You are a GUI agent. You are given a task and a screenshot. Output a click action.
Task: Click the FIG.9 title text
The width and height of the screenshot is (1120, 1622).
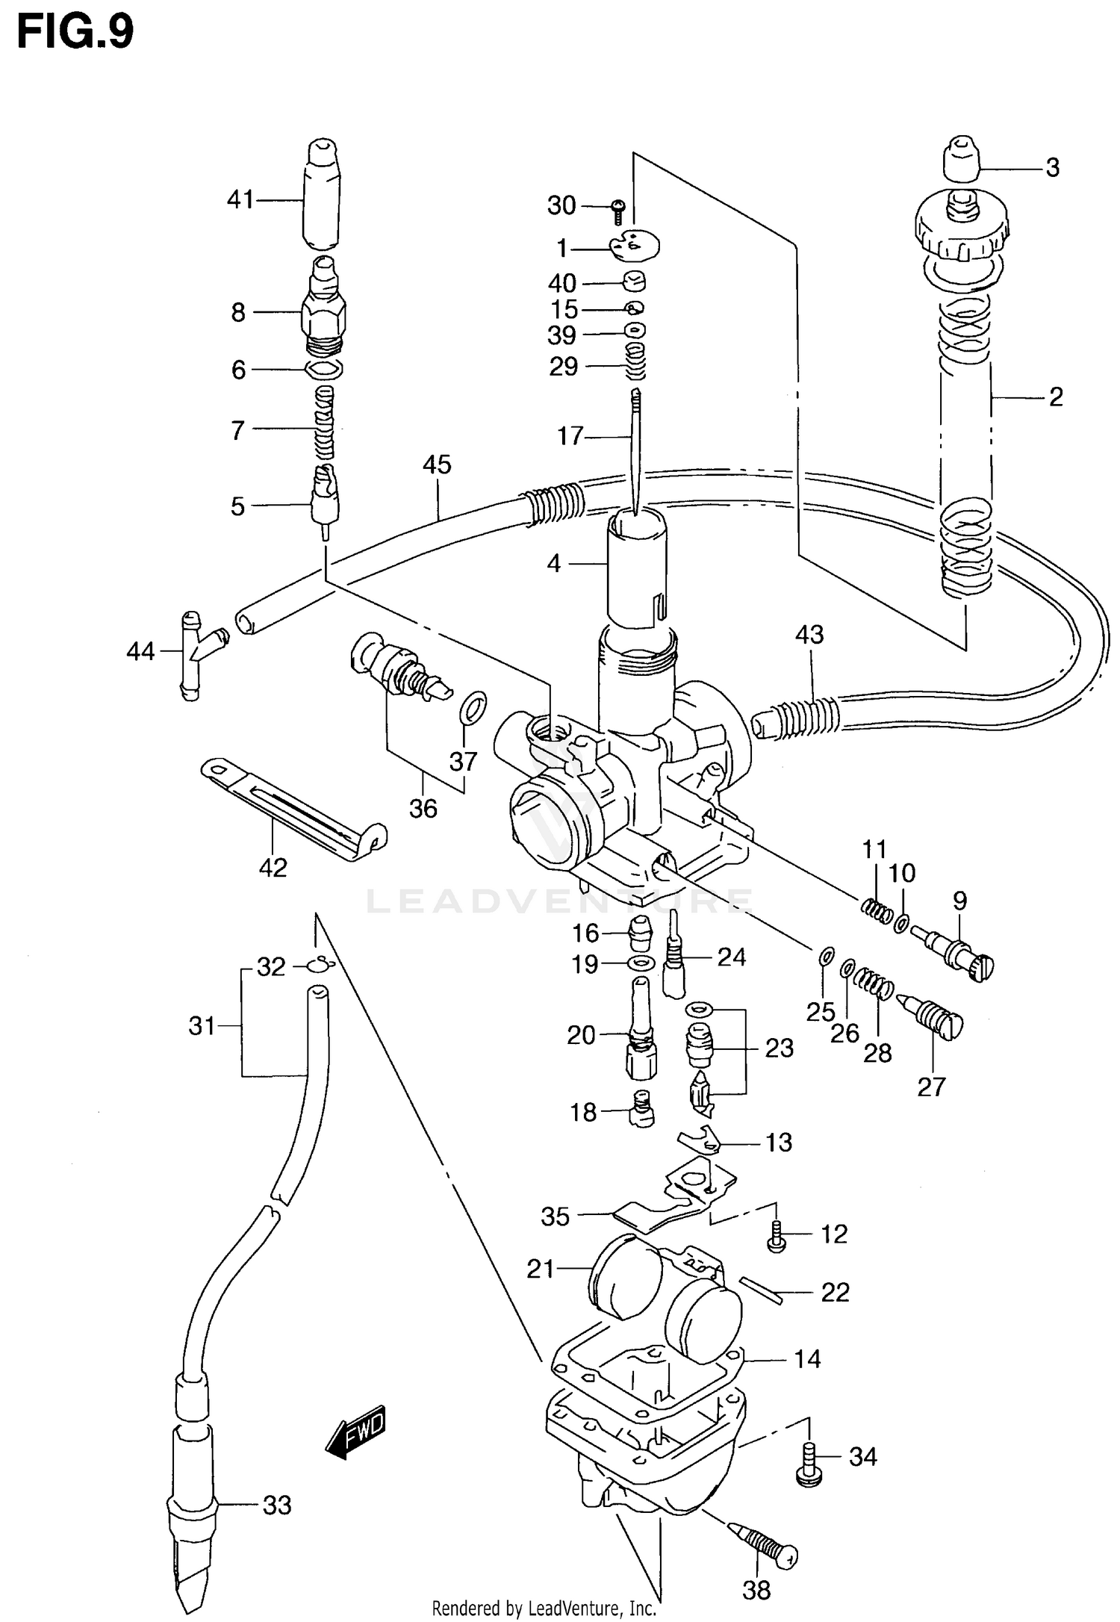(75, 33)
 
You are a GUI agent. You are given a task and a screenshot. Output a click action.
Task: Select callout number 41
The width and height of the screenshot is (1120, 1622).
(240, 199)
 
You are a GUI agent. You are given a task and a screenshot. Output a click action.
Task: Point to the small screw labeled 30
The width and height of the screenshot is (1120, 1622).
(618, 211)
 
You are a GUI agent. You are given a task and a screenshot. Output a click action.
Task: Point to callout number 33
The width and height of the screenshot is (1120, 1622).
(276, 1505)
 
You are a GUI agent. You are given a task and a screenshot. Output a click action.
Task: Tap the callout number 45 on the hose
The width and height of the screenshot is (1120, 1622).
(437, 464)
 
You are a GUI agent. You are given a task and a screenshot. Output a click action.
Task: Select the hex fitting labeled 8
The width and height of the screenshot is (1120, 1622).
(323, 313)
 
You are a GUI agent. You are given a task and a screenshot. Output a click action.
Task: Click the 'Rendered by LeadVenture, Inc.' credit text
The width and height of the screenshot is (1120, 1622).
(544, 1608)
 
